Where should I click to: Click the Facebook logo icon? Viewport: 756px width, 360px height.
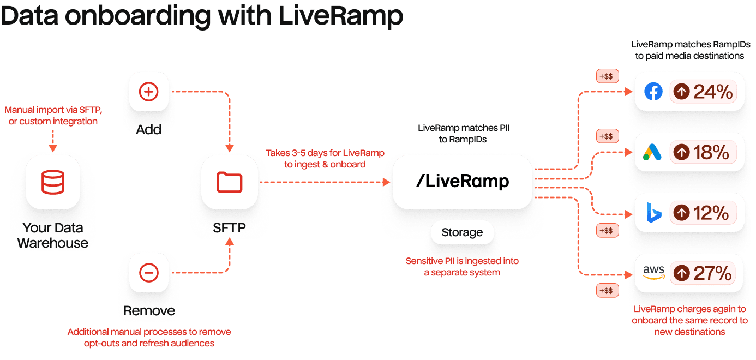click(653, 92)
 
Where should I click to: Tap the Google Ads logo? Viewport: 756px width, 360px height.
click(653, 152)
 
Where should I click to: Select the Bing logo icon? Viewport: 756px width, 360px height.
click(653, 213)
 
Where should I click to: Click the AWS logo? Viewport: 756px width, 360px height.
click(653, 273)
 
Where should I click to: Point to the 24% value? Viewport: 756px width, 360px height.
click(712, 92)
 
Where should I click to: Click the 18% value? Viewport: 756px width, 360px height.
click(711, 152)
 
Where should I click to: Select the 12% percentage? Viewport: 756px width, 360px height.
click(711, 213)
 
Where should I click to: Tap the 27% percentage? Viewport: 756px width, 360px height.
click(712, 273)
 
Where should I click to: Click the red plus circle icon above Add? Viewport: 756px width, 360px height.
click(148, 92)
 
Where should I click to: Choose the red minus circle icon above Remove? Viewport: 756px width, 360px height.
click(148, 272)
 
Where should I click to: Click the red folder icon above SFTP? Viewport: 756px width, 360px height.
click(229, 182)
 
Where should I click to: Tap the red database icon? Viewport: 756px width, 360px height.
click(53, 182)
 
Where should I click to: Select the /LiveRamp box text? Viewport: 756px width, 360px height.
click(462, 182)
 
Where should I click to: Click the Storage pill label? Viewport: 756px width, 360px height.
click(462, 233)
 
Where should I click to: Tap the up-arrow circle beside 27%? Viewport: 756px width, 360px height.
click(682, 273)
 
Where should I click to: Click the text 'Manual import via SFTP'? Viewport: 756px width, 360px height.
click(52, 110)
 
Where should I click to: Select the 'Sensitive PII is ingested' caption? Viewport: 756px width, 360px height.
click(462, 261)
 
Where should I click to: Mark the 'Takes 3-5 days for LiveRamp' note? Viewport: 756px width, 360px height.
click(325, 152)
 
